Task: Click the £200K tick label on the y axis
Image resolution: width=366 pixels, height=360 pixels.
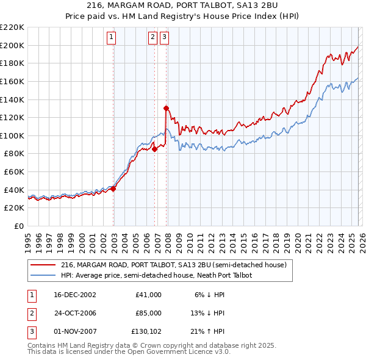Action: pos(12,45)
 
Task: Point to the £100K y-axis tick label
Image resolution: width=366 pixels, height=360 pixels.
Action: pos(12,135)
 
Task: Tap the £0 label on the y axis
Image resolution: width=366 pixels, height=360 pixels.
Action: pos(18,226)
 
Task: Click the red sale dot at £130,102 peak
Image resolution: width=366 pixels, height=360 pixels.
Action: pos(166,108)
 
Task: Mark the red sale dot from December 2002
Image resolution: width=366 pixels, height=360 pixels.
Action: pos(113,189)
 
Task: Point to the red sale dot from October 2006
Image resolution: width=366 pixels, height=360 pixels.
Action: pos(155,149)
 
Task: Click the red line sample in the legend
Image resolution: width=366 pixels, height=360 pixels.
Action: pos(44,265)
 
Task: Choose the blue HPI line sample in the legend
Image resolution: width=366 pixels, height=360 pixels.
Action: pos(44,275)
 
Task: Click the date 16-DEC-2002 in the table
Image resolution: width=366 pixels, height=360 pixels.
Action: pos(75,295)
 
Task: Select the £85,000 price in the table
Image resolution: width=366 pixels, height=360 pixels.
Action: pos(149,313)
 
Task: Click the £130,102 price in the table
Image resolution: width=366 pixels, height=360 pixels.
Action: pos(146,331)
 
